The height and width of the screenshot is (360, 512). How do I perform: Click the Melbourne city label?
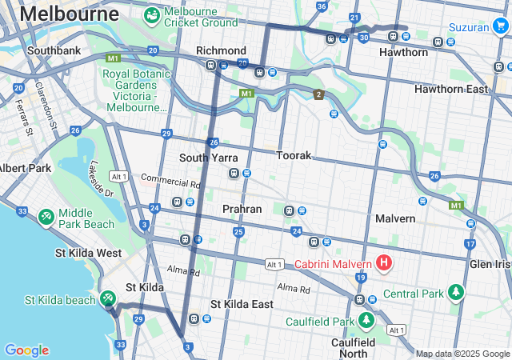(69, 14)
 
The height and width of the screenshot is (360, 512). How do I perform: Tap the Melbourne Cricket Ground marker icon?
(150, 14)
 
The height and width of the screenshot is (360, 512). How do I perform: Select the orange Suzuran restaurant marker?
(501, 27)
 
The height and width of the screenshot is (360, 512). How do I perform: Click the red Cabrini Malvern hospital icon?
(384, 263)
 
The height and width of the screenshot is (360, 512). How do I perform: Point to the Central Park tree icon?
(456, 293)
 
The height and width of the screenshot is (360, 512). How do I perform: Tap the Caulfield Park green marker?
(367, 321)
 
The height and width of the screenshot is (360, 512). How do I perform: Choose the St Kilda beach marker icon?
(108, 298)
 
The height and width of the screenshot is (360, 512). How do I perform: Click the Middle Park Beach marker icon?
(46, 217)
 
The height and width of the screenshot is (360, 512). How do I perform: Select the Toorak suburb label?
(294, 155)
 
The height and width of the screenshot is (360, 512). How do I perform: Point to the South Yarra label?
(208, 158)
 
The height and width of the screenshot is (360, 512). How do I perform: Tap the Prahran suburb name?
(242, 209)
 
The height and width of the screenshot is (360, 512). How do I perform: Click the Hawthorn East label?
(450, 89)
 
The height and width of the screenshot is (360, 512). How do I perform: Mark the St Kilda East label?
(241, 304)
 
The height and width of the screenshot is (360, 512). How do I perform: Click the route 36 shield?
(322, 6)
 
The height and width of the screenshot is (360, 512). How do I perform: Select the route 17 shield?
(470, 244)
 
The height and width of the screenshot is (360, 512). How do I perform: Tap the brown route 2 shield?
(318, 95)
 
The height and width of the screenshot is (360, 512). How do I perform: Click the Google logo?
(26, 350)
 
